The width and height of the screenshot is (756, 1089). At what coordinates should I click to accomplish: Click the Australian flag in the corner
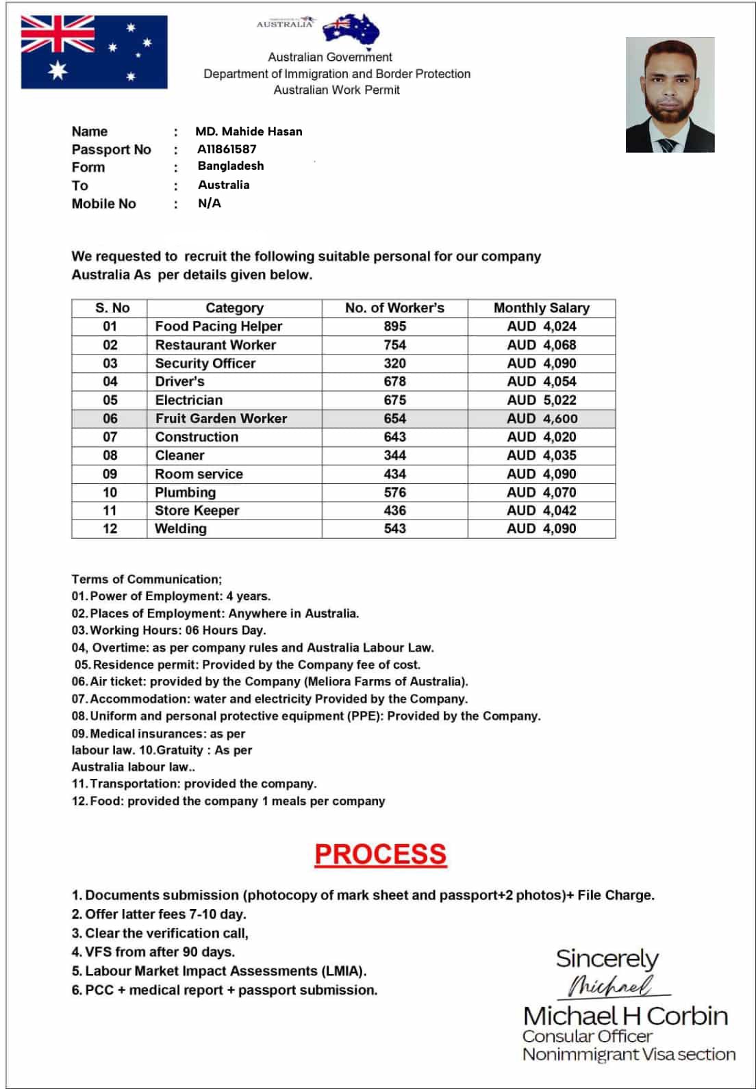pos(94,52)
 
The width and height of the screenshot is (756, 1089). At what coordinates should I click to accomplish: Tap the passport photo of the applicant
pos(670,94)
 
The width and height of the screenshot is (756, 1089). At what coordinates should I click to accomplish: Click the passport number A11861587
pos(227,149)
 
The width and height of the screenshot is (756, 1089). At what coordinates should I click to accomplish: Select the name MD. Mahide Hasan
pos(249,131)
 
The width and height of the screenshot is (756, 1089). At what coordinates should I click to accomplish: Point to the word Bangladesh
pos(231,166)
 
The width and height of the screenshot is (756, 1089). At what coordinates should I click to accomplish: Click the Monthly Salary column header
pos(541,308)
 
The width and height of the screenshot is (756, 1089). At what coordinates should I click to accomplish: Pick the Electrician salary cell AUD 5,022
pos(541,400)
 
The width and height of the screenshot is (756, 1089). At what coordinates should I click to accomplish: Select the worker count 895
pos(394,326)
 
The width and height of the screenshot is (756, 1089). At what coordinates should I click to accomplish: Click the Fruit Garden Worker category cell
pos(220,418)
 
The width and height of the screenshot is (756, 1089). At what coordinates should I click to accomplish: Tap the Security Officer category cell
pos(205,363)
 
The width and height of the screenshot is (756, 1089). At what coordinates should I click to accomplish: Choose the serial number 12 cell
pos(110,528)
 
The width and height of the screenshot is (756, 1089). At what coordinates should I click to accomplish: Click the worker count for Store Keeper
pos(394,511)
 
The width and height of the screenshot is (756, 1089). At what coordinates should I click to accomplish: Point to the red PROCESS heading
pos(380,854)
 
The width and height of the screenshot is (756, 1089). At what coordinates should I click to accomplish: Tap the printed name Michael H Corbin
pos(625,1016)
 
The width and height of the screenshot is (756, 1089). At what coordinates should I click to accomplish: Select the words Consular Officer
pos(587,1036)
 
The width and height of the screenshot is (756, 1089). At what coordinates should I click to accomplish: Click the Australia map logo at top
pos(351,29)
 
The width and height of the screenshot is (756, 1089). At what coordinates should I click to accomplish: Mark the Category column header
pos(234,308)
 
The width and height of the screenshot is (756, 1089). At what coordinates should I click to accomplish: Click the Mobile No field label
pos(104,204)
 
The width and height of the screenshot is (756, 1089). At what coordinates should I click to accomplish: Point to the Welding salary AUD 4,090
pos(541,528)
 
